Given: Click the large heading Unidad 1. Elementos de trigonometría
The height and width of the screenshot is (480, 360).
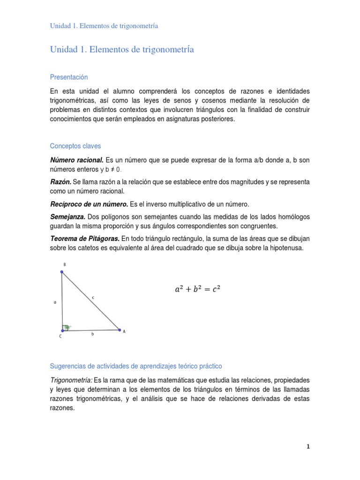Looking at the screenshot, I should tap(122, 50).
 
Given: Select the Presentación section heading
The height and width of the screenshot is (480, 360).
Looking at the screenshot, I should tap(69, 77).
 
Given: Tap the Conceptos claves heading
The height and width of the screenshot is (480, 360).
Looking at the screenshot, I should tap(75, 146).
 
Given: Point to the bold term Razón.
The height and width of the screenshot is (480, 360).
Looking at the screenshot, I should tap(60, 182).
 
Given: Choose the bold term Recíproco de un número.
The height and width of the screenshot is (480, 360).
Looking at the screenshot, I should tap(89, 204).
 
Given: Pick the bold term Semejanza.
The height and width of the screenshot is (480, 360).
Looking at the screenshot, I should tap(67, 217).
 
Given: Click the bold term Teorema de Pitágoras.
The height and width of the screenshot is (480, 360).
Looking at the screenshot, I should tap(85, 239).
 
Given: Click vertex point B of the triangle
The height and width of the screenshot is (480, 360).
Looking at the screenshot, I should tap(62, 271).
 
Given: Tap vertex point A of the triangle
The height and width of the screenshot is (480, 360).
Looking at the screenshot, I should tap(119, 330).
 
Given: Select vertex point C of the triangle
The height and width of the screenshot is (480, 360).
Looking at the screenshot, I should tap(62, 330).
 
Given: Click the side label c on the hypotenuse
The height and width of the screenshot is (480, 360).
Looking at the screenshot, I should tap(93, 297).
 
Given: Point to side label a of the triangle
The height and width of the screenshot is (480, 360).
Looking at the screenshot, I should tap(55, 302).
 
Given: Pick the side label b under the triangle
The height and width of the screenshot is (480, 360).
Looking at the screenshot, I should tap(93, 334).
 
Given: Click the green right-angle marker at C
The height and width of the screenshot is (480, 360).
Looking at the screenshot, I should tap(67, 327).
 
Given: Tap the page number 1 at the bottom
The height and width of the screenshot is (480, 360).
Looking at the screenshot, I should tap(308, 447).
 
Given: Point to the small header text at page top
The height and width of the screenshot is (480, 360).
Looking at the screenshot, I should tap(104, 26).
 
